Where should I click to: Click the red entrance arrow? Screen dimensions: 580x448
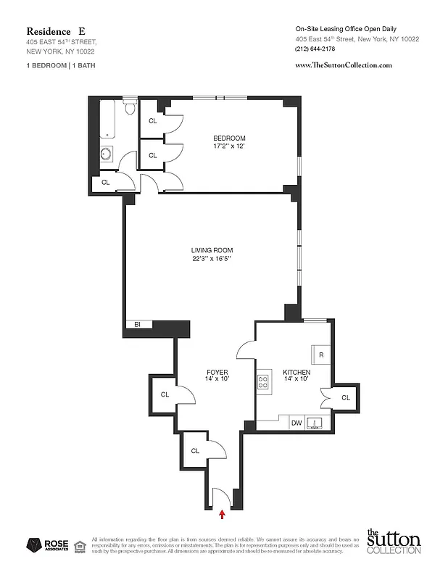222,515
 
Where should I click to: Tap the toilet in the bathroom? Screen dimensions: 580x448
130,108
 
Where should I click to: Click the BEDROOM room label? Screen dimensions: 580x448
229,138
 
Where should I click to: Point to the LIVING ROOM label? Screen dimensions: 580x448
212,251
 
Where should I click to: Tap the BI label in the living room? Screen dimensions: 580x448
136,326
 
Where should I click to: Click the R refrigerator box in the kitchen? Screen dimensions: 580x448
320,355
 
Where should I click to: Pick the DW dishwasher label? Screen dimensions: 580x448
296,423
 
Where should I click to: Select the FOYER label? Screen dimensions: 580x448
217,373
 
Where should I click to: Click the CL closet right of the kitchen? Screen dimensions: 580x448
345,397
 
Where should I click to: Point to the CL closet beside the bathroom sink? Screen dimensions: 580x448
105,182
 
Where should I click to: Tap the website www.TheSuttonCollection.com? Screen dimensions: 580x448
344,65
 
